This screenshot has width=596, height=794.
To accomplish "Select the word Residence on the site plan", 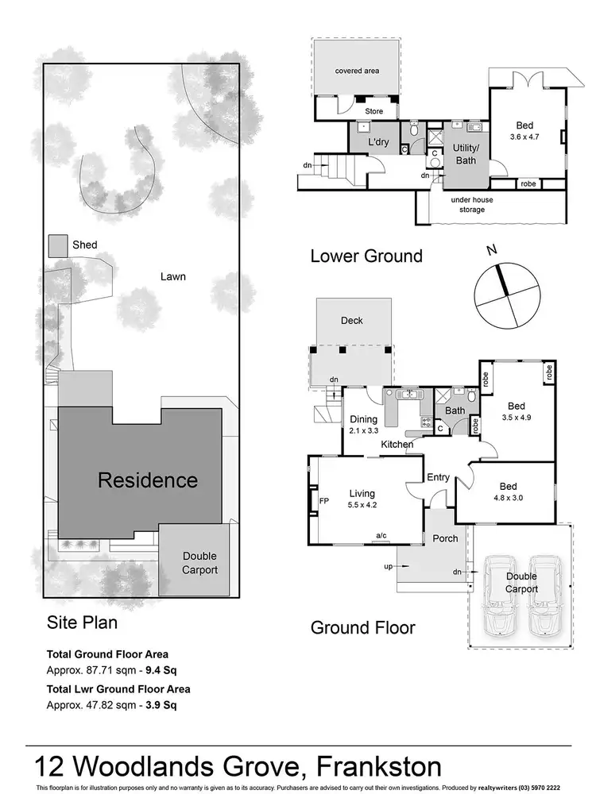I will pos(147,480).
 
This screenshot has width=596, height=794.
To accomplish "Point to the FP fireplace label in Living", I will pos(323,503).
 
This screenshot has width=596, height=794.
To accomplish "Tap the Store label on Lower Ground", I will pos(373,112).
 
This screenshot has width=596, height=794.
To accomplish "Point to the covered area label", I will pos(357,71).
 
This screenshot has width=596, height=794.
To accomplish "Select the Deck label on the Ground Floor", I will pos(352,321).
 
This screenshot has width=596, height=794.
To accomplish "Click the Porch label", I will pos(444,538).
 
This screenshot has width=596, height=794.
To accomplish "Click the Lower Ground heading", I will pos(366,256).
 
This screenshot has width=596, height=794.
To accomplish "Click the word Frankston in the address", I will pos(380,767).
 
